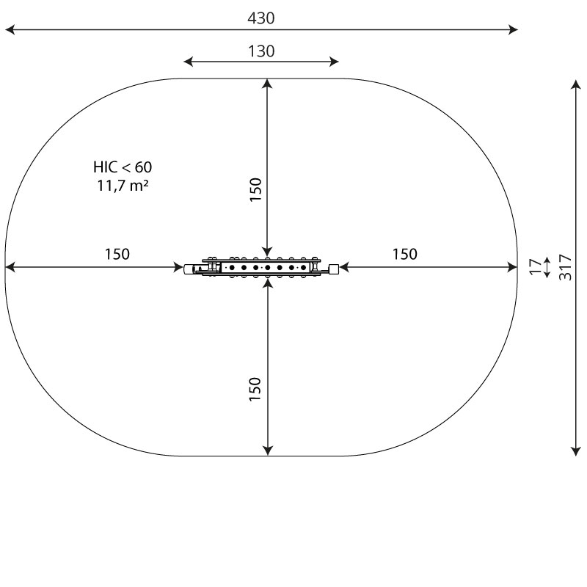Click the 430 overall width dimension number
pyautogui.click(x=261, y=18)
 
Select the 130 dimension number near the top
pyautogui.click(x=261, y=51)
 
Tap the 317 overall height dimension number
pyautogui.click(x=565, y=267)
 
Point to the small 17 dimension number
pyautogui.click(x=536, y=267)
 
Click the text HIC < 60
pyautogui.click(x=123, y=167)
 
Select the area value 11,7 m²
pyautogui.click(x=123, y=186)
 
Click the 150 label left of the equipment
pyautogui.click(x=117, y=254)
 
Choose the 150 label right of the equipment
pyautogui.click(x=405, y=254)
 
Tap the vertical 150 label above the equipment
pyautogui.click(x=255, y=190)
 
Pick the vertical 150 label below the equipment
pyautogui.click(x=255, y=390)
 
